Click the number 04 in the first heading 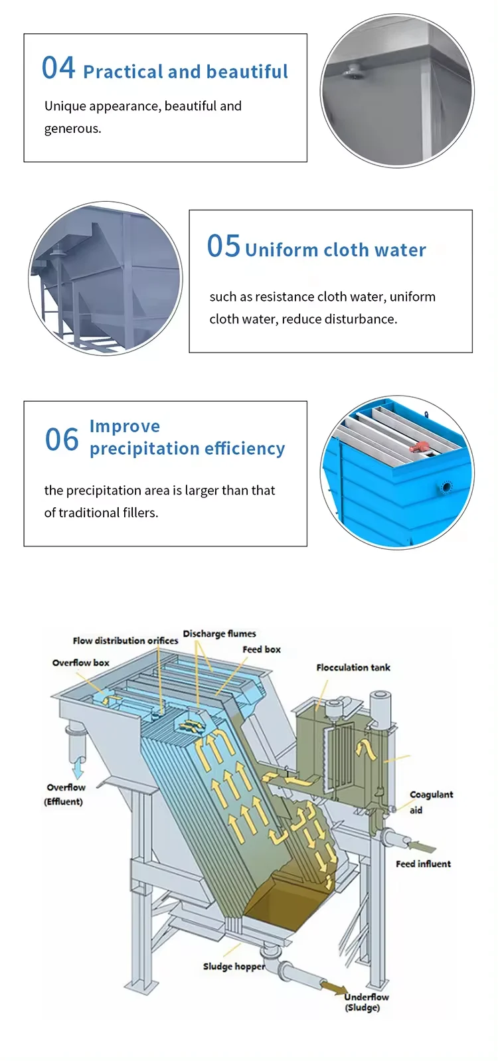[x=58, y=68]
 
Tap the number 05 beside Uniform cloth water [x=223, y=246]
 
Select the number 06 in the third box [x=62, y=440]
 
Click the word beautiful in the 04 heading [x=253, y=72]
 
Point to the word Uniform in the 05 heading [x=282, y=250]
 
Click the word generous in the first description [x=72, y=129]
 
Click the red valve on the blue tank [x=420, y=449]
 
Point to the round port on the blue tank [x=446, y=488]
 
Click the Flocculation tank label [x=353, y=667]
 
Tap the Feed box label [x=262, y=649]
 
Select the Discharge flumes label [x=219, y=633]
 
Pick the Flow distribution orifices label [x=125, y=641]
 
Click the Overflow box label [x=81, y=663]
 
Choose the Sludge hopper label [x=234, y=966]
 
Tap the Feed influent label [x=423, y=864]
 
